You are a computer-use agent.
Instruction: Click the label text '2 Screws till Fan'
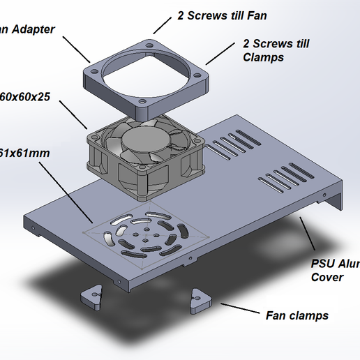pyautogui.click(x=222, y=15)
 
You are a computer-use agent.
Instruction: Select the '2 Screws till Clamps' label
pyautogui.click(x=276, y=50)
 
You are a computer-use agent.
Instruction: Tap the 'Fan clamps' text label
pyautogui.click(x=297, y=315)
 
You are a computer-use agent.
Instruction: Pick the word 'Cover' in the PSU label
pyautogui.click(x=327, y=277)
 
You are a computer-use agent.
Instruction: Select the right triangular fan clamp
pyautogui.click(x=201, y=299)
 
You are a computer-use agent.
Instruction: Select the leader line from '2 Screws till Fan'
pyautogui.click(x=162, y=25)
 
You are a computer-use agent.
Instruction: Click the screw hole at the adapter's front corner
pyautogui.click(x=142, y=102)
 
